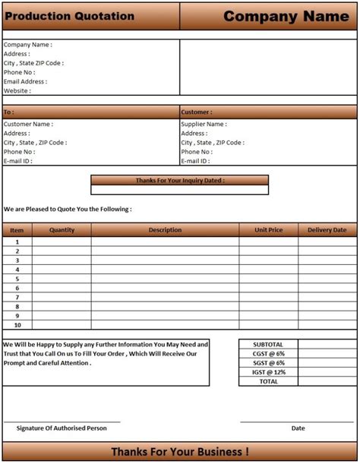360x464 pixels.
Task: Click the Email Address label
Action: pos(25,81)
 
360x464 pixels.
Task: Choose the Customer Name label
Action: pos(28,124)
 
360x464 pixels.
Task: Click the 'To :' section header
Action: pos(9,112)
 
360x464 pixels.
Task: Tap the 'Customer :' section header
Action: pos(197,112)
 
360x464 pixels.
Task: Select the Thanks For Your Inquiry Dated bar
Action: pos(179,181)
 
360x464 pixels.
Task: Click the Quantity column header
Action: pos(62,230)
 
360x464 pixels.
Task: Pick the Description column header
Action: pos(165,230)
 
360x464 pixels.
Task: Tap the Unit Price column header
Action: pos(268,230)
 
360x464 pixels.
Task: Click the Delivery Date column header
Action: pos(327,230)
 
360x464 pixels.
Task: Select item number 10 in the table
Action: pos(17,325)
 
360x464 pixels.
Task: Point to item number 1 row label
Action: pos(17,242)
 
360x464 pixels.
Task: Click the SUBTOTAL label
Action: pos(268,344)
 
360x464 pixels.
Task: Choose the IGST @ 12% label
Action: pos(268,372)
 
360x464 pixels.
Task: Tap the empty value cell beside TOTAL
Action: pos(327,381)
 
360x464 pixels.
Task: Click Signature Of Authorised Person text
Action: pos(62,428)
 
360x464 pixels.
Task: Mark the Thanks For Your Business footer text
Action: pos(179,452)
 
